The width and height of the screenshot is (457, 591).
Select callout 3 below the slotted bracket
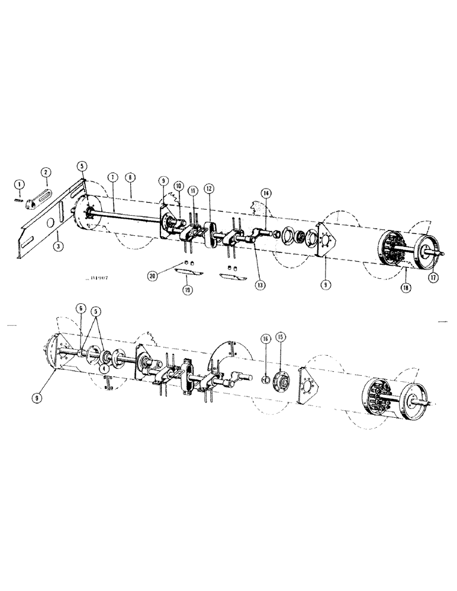tap(57, 245)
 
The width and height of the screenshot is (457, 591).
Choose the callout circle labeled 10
tap(178, 186)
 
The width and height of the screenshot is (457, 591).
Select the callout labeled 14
tap(265, 193)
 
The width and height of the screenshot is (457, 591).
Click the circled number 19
tap(188, 290)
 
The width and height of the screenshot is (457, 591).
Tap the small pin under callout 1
tap(19, 199)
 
